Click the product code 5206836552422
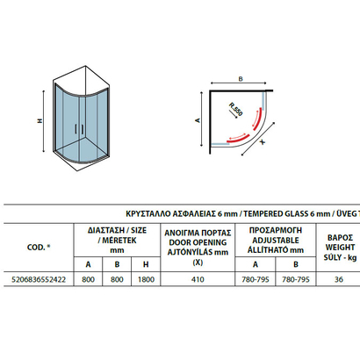click(x=39, y=279)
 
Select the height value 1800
click(x=146, y=279)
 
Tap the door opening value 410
click(x=198, y=279)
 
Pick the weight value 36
click(x=339, y=279)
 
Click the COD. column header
click(x=39, y=248)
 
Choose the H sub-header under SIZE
click(x=146, y=264)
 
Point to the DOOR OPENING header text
click(x=198, y=242)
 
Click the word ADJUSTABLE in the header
click(x=276, y=241)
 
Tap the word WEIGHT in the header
click(x=340, y=248)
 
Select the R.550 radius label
click(x=236, y=109)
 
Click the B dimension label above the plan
click(x=241, y=79)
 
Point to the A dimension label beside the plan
click(x=198, y=120)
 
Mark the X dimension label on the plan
click(x=263, y=142)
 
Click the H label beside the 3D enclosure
click(x=40, y=120)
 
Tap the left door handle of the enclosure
click(x=76, y=129)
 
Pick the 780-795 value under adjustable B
click(x=296, y=279)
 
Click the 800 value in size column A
click(x=88, y=279)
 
